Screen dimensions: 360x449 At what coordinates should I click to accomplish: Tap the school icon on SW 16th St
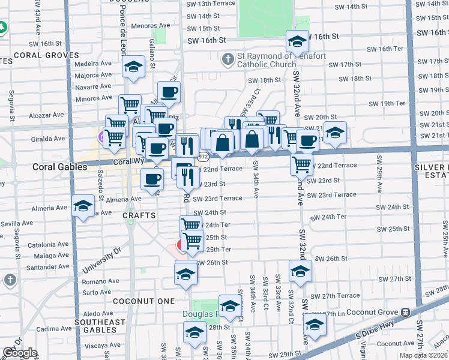297,41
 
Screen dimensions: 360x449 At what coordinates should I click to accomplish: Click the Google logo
20,353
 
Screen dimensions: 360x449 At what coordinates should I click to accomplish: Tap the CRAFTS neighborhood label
140,215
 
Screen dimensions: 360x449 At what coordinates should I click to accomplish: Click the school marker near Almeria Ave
82,206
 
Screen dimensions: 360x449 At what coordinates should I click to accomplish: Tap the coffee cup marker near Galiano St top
169,92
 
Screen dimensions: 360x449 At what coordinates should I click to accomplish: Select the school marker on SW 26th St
300,271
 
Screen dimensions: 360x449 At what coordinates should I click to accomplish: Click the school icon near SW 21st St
335,133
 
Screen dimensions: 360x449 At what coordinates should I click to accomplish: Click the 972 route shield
204,156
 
